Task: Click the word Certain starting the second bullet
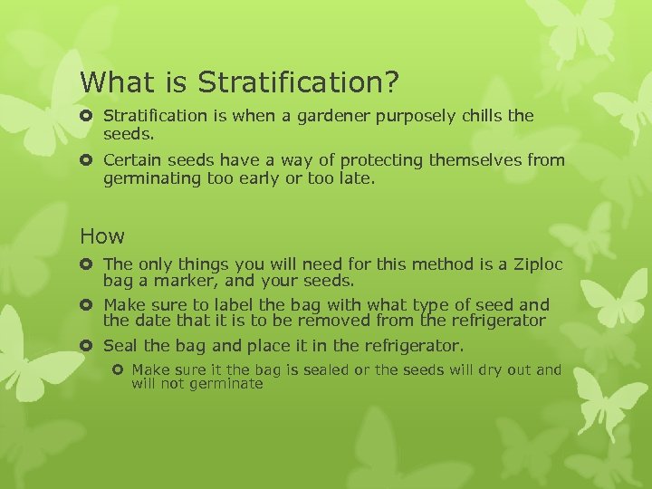[x=132, y=160]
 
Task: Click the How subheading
[x=102, y=236]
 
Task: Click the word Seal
[x=120, y=346]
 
